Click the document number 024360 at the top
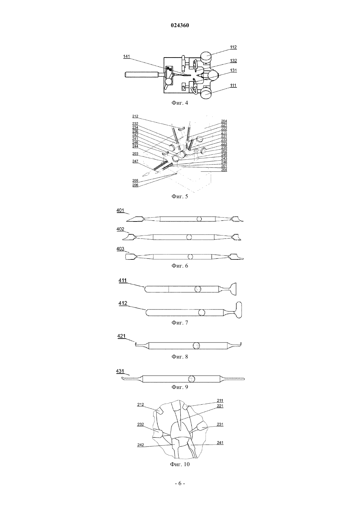(x=180, y=26)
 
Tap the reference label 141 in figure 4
(x=126, y=56)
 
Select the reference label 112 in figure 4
(x=233, y=47)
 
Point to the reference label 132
(x=233, y=61)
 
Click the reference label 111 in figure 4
(x=233, y=85)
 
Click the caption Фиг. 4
(x=180, y=103)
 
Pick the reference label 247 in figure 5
(x=135, y=161)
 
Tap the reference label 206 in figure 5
(x=135, y=185)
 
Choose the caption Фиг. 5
(x=180, y=196)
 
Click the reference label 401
(x=120, y=210)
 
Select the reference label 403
(x=120, y=249)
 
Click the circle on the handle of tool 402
(x=189, y=237)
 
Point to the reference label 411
(x=122, y=280)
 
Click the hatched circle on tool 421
(x=196, y=346)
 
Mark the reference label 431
(x=120, y=371)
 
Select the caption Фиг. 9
(x=180, y=387)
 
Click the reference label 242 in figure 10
(x=141, y=445)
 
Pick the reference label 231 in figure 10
(x=220, y=424)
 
